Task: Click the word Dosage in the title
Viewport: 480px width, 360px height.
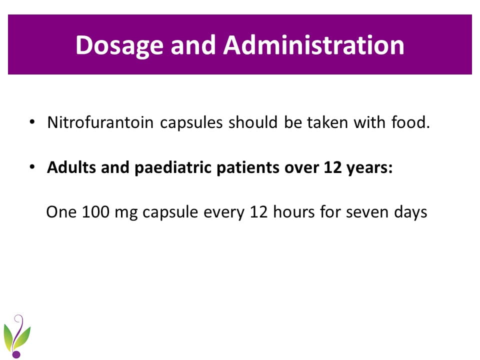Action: tap(119, 45)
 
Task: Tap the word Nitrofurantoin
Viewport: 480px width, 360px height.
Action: tap(100, 122)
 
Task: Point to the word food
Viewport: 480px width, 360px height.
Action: tap(411, 122)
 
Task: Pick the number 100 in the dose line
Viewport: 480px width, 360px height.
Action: tap(95, 212)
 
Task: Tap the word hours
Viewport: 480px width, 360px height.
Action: tap(294, 211)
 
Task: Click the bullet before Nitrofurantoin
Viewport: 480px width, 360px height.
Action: tap(32, 122)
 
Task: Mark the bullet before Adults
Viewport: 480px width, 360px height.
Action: tap(32, 167)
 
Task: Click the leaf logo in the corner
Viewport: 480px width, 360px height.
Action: tap(17, 336)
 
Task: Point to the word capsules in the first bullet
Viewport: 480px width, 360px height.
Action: tap(191, 123)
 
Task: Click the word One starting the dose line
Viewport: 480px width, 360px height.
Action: tap(61, 212)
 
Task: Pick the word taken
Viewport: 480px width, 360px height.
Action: tap(327, 122)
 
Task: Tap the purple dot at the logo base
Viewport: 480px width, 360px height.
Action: tap(16, 354)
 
